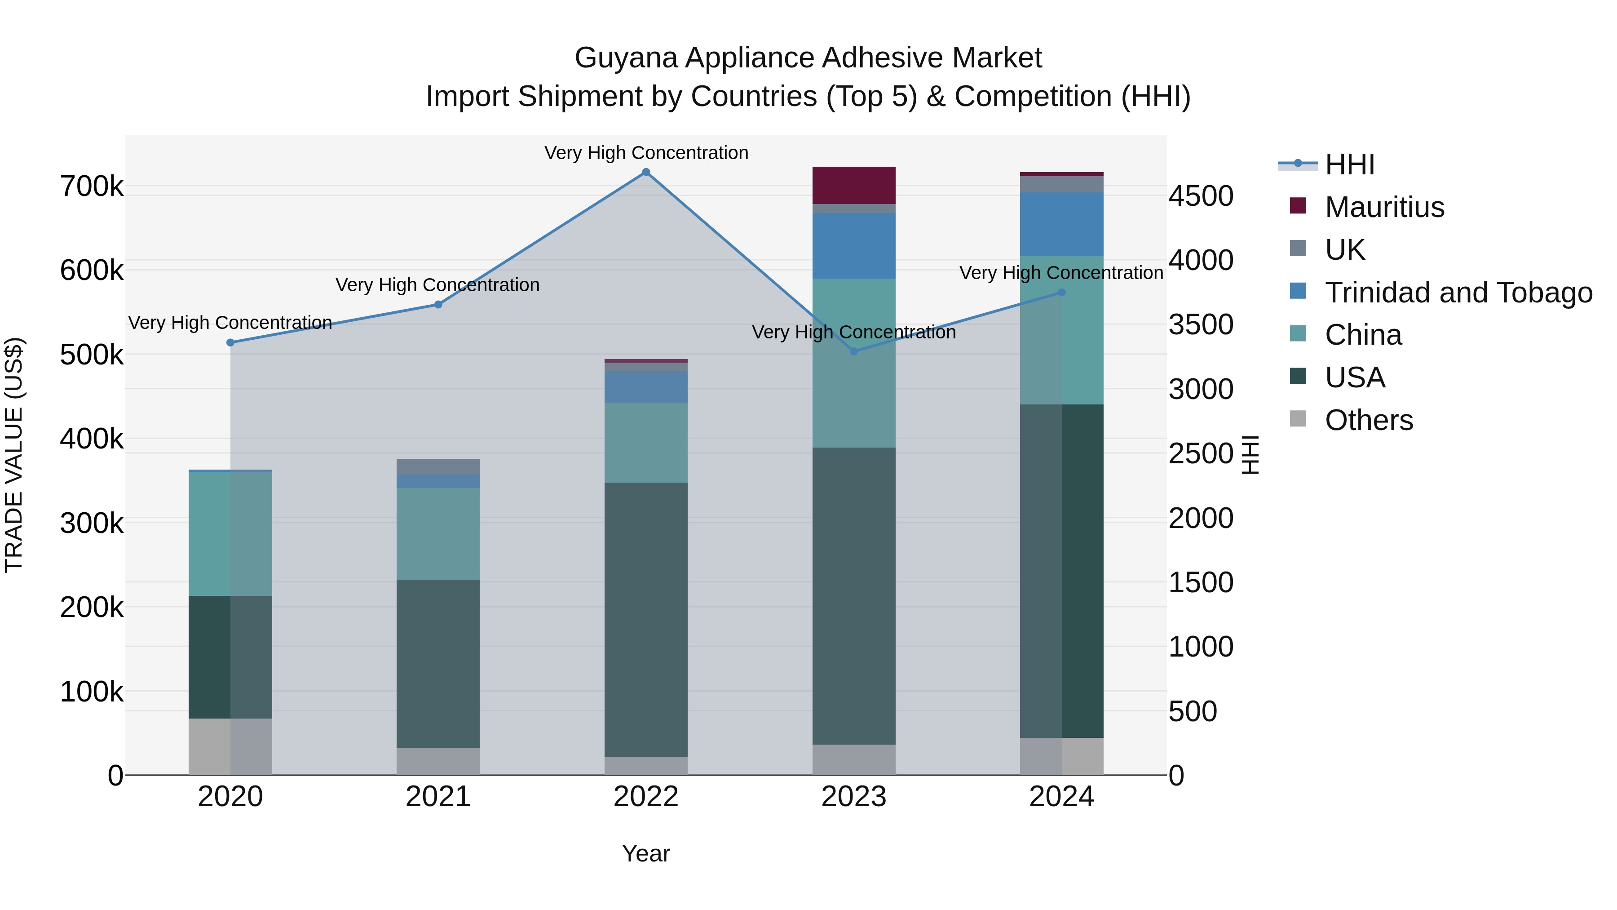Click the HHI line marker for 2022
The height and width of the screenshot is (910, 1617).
[x=646, y=172]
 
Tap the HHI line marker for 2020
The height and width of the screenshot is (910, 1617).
[x=230, y=342]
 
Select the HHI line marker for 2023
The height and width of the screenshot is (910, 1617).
[x=854, y=351]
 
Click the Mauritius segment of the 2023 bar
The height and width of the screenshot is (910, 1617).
[x=854, y=185]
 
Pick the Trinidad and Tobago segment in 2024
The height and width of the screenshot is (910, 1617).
[x=1061, y=224]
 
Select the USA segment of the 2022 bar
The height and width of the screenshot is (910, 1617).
[x=646, y=619]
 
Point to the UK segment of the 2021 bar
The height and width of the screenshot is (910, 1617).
[x=438, y=466]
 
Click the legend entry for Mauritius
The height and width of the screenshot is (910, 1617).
[x=1384, y=207]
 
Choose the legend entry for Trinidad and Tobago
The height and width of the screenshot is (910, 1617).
[x=1458, y=293]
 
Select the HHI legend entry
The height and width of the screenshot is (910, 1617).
[x=1350, y=164]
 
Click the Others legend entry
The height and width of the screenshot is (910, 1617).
[x=1369, y=420]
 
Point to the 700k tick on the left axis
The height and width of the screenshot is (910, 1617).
[x=92, y=186]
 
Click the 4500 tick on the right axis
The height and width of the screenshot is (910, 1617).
[x=1201, y=196]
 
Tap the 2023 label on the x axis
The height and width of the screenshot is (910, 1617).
[x=854, y=797]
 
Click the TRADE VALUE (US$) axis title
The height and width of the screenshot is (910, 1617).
[x=14, y=455]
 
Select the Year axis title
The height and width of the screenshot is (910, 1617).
[x=646, y=853]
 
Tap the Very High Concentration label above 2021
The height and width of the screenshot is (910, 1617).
[x=437, y=285]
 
